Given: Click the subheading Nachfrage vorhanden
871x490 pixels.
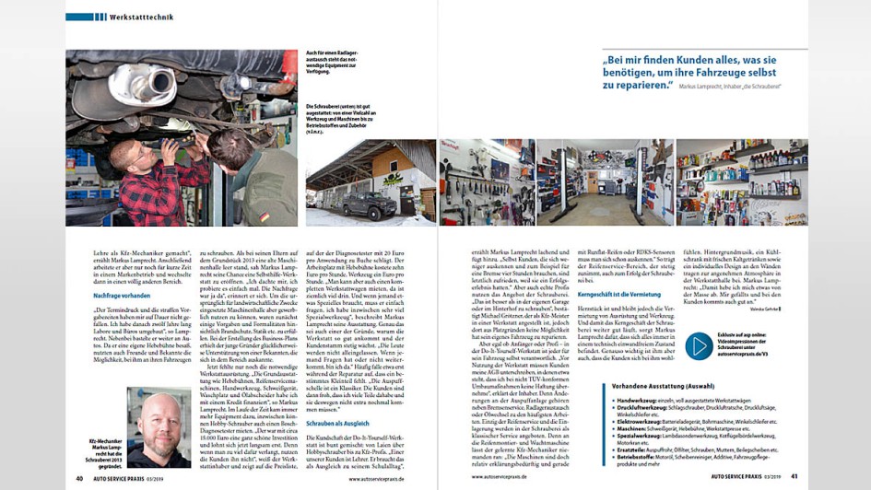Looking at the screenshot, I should point(122,295).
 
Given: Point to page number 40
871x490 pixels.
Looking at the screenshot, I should point(79,478).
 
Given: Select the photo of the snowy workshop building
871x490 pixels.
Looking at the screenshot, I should point(371,182).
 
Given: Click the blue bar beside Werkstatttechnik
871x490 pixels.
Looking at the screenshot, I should point(79,17).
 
